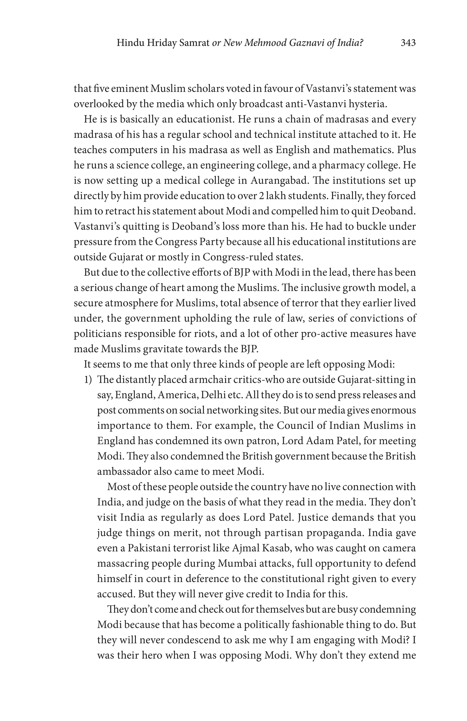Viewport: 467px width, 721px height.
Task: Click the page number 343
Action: click(408, 43)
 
